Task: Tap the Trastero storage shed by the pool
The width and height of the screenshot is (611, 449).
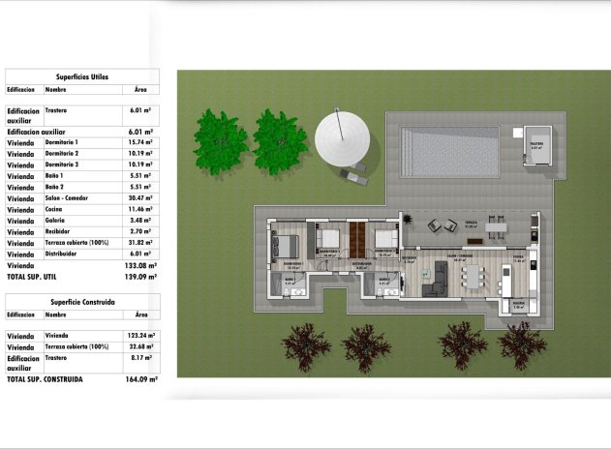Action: tap(536, 147)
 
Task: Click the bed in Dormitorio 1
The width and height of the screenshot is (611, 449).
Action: tap(287, 248)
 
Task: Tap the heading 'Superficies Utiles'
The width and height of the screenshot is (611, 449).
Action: tap(81, 75)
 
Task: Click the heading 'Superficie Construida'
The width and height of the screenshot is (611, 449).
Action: tap(82, 302)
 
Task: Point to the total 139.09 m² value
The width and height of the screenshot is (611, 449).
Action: tap(141, 277)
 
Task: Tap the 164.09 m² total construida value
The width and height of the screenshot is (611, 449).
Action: tap(141, 379)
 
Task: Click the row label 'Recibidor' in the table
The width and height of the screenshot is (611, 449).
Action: tap(60, 232)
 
